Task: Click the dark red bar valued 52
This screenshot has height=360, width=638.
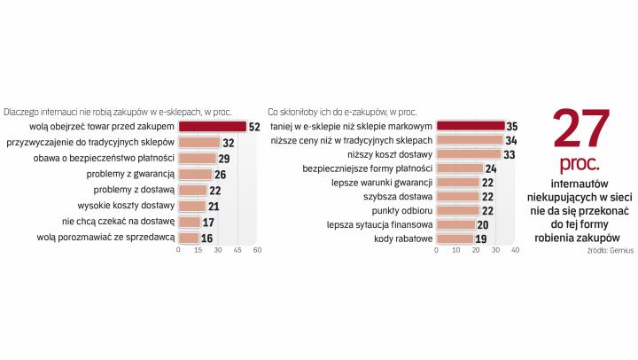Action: point(213,127)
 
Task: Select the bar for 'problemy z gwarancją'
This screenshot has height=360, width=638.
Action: point(195,175)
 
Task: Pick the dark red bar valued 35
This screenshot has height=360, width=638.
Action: point(471,127)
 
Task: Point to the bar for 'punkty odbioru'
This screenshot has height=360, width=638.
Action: point(457,210)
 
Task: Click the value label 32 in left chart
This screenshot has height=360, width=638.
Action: point(228,143)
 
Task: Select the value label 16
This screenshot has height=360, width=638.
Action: point(207,238)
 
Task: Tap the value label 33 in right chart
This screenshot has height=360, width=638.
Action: point(510,154)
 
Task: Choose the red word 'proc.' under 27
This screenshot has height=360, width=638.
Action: point(580,165)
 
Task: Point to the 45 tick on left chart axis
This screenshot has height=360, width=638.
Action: point(237,250)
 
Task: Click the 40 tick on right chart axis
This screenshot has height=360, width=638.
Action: point(515,250)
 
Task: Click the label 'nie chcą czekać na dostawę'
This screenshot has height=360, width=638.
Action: point(118,222)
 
